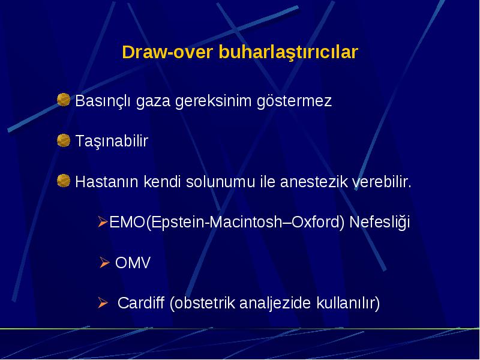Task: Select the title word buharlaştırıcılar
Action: [x=288, y=53]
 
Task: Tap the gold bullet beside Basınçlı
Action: [x=64, y=100]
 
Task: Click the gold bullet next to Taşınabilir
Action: [x=64, y=140]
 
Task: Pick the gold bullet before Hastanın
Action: [x=64, y=181]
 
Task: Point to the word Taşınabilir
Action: [x=112, y=142]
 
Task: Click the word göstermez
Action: [x=294, y=101]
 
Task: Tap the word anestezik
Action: [x=314, y=181]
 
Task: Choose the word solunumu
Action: [x=220, y=181]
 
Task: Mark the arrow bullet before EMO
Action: [x=103, y=221]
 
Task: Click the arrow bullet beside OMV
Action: [x=104, y=262]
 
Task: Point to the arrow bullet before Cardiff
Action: [x=103, y=302]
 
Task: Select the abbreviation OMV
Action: [x=133, y=263]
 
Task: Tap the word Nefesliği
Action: [x=380, y=222]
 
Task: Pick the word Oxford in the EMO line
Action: [x=316, y=222]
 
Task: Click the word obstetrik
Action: [x=202, y=303]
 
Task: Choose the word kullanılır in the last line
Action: [x=348, y=303]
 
